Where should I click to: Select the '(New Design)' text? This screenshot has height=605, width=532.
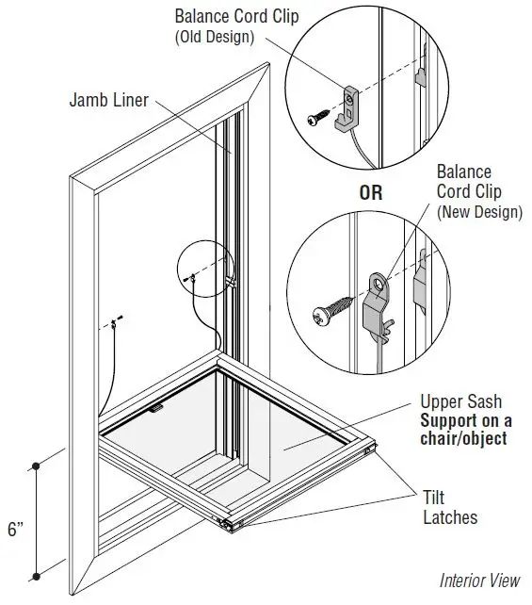(478, 212)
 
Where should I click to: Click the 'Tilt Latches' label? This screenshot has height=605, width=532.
(450, 507)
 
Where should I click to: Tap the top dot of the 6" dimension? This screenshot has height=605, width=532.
(37, 466)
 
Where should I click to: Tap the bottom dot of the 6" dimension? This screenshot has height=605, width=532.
(37, 575)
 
